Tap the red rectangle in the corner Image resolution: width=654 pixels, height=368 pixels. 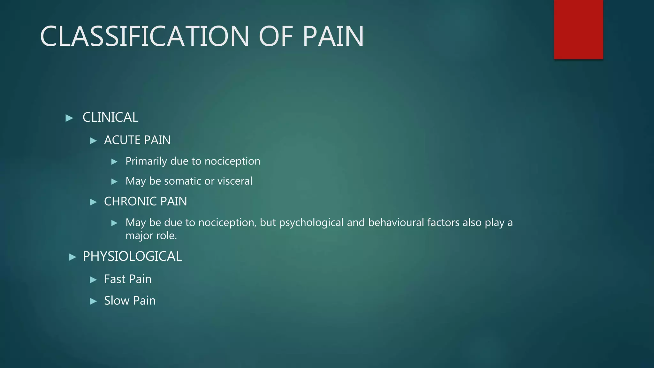tap(578, 29)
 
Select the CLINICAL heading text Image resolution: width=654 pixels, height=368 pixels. tap(110, 118)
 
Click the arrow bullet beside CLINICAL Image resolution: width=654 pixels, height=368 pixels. tap(69, 118)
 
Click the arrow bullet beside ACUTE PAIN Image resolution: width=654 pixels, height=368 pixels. tap(93, 141)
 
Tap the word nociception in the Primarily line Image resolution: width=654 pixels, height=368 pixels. tap(232, 161)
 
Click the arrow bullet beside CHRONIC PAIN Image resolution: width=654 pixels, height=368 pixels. tap(93, 202)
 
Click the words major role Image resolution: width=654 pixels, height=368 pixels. tap(151, 236)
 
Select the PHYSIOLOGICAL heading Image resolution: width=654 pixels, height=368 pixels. tap(132, 257)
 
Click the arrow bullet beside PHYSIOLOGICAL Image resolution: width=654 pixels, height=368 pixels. tap(72, 257)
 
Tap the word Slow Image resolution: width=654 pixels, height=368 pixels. tap(117, 301)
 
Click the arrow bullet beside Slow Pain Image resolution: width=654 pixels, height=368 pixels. tap(93, 301)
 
